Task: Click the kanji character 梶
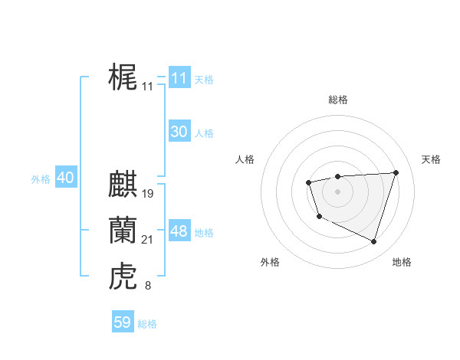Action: pyautogui.click(x=123, y=77)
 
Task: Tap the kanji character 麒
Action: pyautogui.click(x=123, y=185)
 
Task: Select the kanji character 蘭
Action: pyautogui.click(x=123, y=230)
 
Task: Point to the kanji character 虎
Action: pyautogui.click(x=123, y=276)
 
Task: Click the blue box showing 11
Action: pyautogui.click(x=179, y=78)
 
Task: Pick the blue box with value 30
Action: pyautogui.click(x=179, y=132)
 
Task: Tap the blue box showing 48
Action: pyautogui.click(x=179, y=231)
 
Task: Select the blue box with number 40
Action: pyautogui.click(x=65, y=178)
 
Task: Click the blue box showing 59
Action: pyautogui.click(x=123, y=322)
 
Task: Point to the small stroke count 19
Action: pyautogui.click(x=148, y=194)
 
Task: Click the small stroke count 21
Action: pyautogui.click(x=148, y=240)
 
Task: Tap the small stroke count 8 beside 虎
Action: pyautogui.click(x=147, y=286)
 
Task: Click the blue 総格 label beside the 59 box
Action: pyautogui.click(x=147, y=324)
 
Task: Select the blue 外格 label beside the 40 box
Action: pyautogui.click(x=41, y=179)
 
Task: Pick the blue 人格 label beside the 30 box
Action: pyautogui.click(x=204, y=133)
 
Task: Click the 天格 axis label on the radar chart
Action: pyautogui.click(x=432, y=159)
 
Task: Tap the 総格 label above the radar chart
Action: pyautogui.click(x=338, y=100)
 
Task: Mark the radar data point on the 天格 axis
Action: pyautogui.click(x=396, y=172)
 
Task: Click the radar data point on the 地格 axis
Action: pyautogui.click(x=374, y=242)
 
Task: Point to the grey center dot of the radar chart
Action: pyautogui.click(x=338, y=191)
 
